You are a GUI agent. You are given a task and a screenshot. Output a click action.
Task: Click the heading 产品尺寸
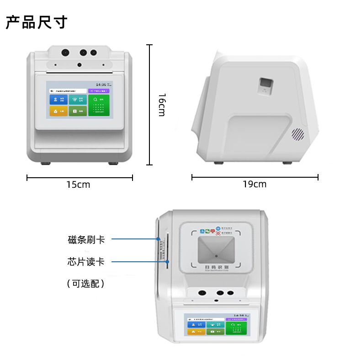[x=37, y=22]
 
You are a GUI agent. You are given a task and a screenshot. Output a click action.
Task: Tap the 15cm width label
[x=78, y=185]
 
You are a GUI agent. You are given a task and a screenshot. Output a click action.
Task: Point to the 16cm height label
[x=161, y=105]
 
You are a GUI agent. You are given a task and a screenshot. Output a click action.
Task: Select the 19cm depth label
[x=255, y=184]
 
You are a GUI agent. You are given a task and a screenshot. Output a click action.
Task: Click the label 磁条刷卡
[x=86, y=239]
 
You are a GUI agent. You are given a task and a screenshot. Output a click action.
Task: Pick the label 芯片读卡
[x=86, y=262]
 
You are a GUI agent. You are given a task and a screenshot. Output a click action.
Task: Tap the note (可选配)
[x=86, y=284]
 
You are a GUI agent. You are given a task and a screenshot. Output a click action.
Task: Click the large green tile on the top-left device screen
[x=99, y=105]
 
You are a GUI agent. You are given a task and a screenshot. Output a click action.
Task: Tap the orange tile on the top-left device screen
[x=58, y=111]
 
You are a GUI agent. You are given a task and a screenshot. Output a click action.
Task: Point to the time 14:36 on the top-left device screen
[x=101, y=85]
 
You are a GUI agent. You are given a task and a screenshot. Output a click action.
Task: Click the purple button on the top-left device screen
[x=99, y=91]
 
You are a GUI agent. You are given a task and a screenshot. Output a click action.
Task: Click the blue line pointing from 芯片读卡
[x=137, y=262]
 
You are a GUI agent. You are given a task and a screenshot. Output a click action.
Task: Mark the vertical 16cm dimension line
[x=149, y=105]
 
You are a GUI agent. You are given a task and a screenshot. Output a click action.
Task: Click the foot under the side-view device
[x=287, y=163]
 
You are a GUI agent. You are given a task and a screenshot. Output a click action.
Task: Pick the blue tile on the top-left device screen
[x=58, y=100]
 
